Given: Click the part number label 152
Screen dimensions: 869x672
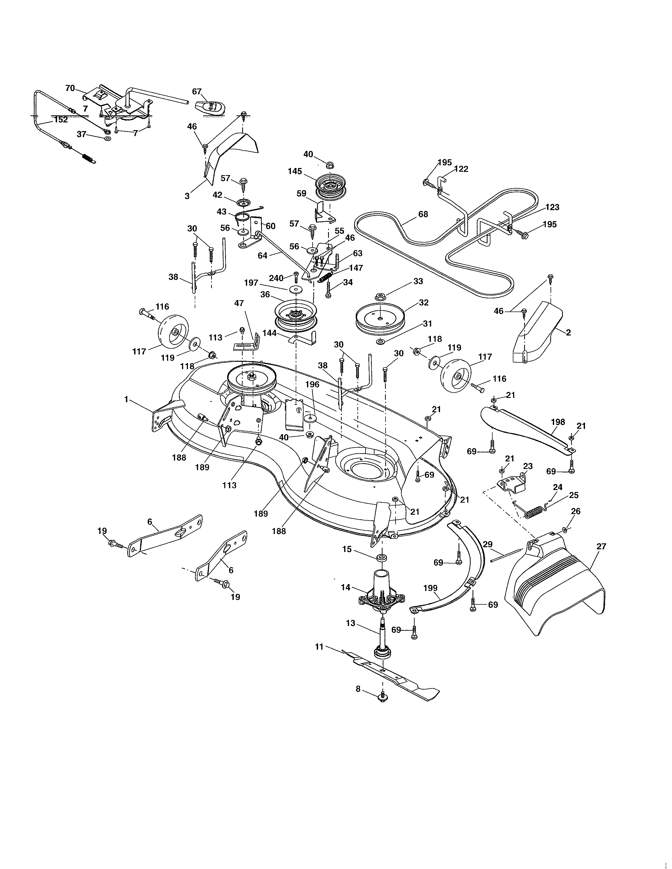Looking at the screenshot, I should coord(61,120).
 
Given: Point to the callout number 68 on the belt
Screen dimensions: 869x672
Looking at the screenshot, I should coord(423,214).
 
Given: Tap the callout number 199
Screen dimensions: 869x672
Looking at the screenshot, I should coord(430,588).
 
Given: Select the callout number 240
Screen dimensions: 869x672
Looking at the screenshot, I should coord(276,278).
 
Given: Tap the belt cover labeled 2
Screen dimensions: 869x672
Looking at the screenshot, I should coord(537,334).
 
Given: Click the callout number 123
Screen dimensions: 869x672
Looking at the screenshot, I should coord(552,207).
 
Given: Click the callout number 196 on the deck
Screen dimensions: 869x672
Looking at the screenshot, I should coord(313,384).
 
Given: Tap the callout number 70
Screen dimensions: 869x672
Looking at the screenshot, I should coord(70,88).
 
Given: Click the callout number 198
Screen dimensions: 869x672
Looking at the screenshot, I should coord(558,422).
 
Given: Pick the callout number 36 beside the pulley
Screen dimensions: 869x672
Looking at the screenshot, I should coord(265,294).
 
